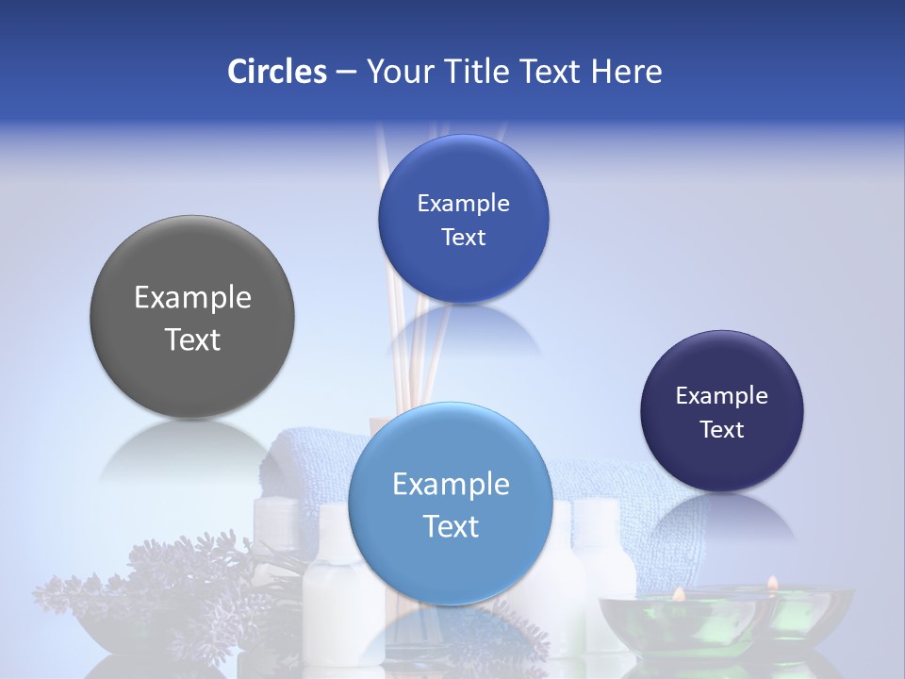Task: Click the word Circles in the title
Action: [276, 72]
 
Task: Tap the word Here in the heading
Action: [626, 72]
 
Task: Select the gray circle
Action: [192, 318]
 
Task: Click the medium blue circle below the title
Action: [463, 219]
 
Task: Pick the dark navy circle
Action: [721, 411]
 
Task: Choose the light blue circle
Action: [451, 504]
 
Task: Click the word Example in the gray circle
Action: [192, 298]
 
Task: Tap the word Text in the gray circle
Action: [192, 339]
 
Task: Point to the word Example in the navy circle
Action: [721, 396]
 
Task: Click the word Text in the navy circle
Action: [721, 430]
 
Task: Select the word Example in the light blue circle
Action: [451, 485]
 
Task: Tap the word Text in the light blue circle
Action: [451, 526]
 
